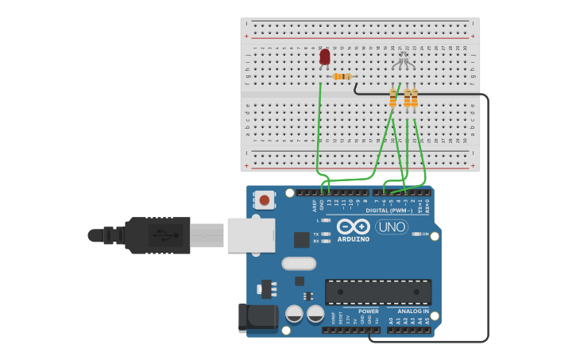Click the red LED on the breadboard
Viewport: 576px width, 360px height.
(x=324, y=57)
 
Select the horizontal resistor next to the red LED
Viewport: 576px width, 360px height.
(x=343, y=76)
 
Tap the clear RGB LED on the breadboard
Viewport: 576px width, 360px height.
(x=404, y=57)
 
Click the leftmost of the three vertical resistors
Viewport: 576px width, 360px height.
(x=392, y=99)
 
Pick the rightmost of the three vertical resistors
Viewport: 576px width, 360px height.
(x=414, y=99)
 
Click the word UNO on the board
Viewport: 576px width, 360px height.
(x=391, y=227)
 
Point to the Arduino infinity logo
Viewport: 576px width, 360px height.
(x=353, y=226)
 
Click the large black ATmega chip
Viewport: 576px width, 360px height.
(x=378, y=292)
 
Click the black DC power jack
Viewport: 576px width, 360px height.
(x=257, y=318)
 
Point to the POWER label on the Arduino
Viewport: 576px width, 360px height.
(x=368, y=312)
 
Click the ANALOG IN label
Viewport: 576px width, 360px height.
(x=413, y=312)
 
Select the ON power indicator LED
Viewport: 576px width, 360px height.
(x=416, y=234)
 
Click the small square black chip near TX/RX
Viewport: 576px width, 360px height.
(x=302, y=239)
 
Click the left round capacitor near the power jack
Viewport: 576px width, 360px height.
(x=294, y=315)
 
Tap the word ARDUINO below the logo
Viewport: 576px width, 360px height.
(x=353, y=239)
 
